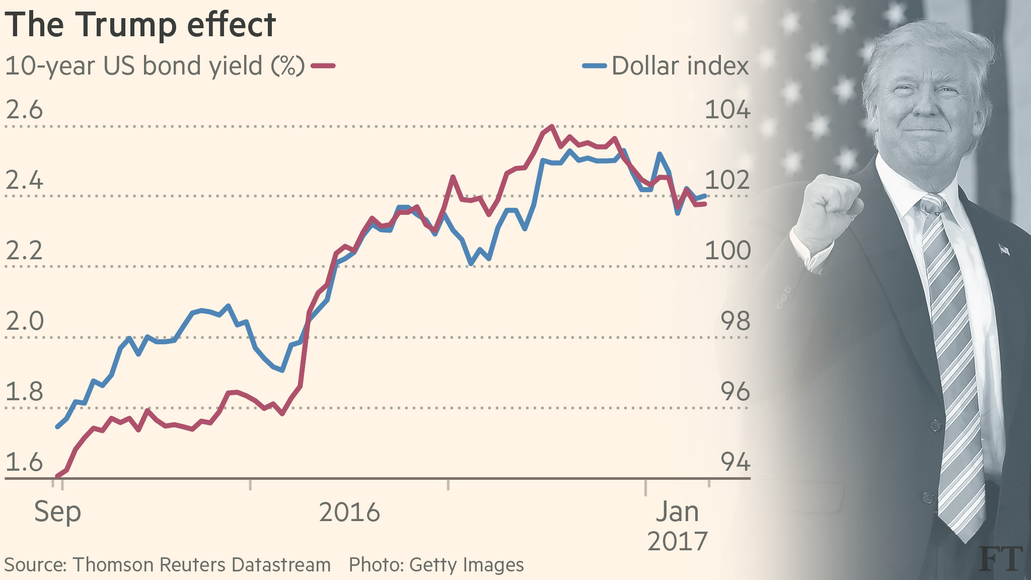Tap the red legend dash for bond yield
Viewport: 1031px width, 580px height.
(323, 65)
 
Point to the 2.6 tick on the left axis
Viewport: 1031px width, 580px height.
(24, 110)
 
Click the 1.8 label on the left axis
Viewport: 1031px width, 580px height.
(24, 392)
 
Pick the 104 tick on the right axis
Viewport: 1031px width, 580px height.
(727, 110)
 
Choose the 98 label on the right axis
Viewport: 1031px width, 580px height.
(735, 321)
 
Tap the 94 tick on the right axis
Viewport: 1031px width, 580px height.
(735, 462)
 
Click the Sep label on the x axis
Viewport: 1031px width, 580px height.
(57, 513)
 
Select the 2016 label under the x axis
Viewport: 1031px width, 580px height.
(349, 513)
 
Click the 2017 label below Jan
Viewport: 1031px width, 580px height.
(677, 542)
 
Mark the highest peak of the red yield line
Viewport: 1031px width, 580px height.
(552, 126)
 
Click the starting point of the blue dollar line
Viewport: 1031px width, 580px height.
(57, 427)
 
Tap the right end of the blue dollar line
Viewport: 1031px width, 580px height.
(706, 196)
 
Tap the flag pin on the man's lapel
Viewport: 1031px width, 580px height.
(1004, 249)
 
